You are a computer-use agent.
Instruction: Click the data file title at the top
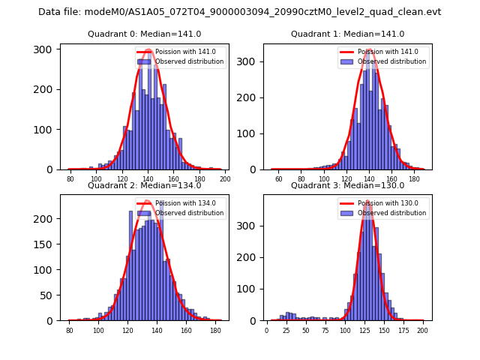pos(240,12)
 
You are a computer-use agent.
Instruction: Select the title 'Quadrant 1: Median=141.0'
pos(347,34)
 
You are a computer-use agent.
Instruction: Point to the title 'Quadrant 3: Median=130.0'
pos(347,185)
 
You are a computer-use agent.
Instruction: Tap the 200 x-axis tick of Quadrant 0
pos(224,179)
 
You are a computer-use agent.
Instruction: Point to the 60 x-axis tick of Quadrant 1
pos(278,179)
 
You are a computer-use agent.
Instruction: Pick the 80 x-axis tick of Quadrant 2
pos(70,330)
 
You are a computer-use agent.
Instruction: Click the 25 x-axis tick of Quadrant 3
pos(286,330)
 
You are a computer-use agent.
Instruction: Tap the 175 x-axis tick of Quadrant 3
pos(403,330)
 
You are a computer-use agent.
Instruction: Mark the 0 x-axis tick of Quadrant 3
pos(267,330)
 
